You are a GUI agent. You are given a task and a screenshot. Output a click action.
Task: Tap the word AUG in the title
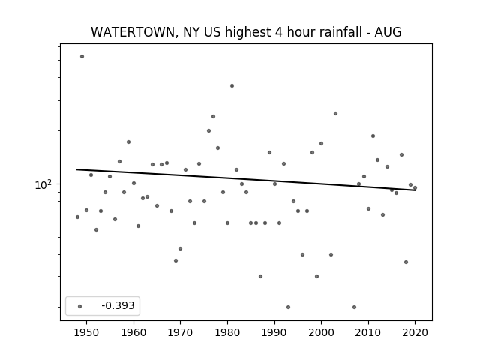pos(388,32)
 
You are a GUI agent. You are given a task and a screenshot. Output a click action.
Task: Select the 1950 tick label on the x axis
pos(87,332)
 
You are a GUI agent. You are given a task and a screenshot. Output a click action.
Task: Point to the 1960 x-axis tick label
pos(133,332)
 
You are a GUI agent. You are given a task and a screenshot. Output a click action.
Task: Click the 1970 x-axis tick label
pos(180,332)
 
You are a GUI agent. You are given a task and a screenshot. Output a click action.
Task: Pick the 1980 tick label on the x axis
pos(227,332)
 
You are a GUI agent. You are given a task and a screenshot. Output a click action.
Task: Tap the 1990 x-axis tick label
pos(274,332)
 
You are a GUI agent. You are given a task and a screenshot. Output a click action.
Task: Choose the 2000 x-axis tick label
pos(321,332)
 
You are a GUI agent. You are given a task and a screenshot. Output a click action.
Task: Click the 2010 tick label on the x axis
pos(368,332)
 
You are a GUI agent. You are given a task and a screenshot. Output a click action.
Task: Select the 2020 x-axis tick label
pos(415,332)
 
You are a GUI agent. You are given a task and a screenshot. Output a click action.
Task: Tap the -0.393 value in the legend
pos(118,305)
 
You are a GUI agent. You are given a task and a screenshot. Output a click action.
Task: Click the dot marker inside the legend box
pos(79,306)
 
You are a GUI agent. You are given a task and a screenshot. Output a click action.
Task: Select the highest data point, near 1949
pos(82,57)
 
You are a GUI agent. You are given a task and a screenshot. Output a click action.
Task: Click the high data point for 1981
pos(232,86)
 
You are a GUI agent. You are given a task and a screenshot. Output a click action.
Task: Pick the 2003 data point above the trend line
pos(335,113)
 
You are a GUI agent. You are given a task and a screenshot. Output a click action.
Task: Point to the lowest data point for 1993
pos(288,307)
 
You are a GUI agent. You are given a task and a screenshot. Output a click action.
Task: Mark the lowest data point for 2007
pos(354,307)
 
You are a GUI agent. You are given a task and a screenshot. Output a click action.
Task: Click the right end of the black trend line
pos(415,190)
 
